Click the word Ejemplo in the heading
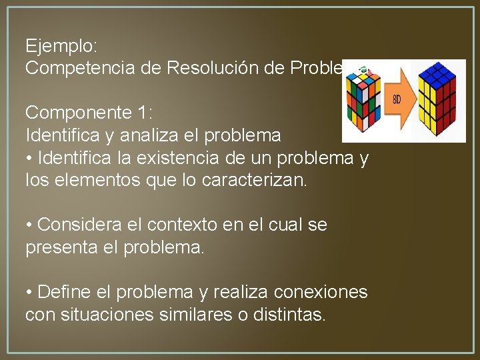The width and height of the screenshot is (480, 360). click(61, 46)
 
